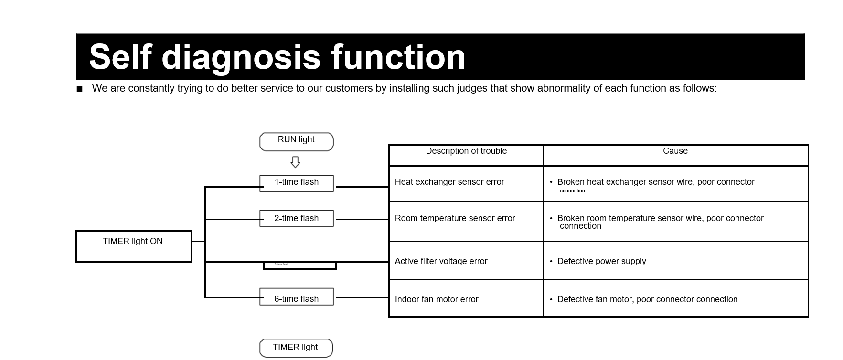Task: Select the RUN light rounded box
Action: point(296,141)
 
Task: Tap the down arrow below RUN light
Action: point(295,162)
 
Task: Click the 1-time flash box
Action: point(296,183)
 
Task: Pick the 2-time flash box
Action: point(296,218)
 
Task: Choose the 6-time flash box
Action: point(296,297)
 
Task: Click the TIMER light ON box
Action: point(133,246)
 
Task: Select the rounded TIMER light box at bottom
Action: point(295,348)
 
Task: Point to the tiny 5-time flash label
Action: point(281,264)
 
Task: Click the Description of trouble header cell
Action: point(466,151)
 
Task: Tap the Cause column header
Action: point(675,151)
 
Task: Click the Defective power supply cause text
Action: point(601,261)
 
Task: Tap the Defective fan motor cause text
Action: point(647,299)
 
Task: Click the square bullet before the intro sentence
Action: point(80,89)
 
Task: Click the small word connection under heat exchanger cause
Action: point(572,191)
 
